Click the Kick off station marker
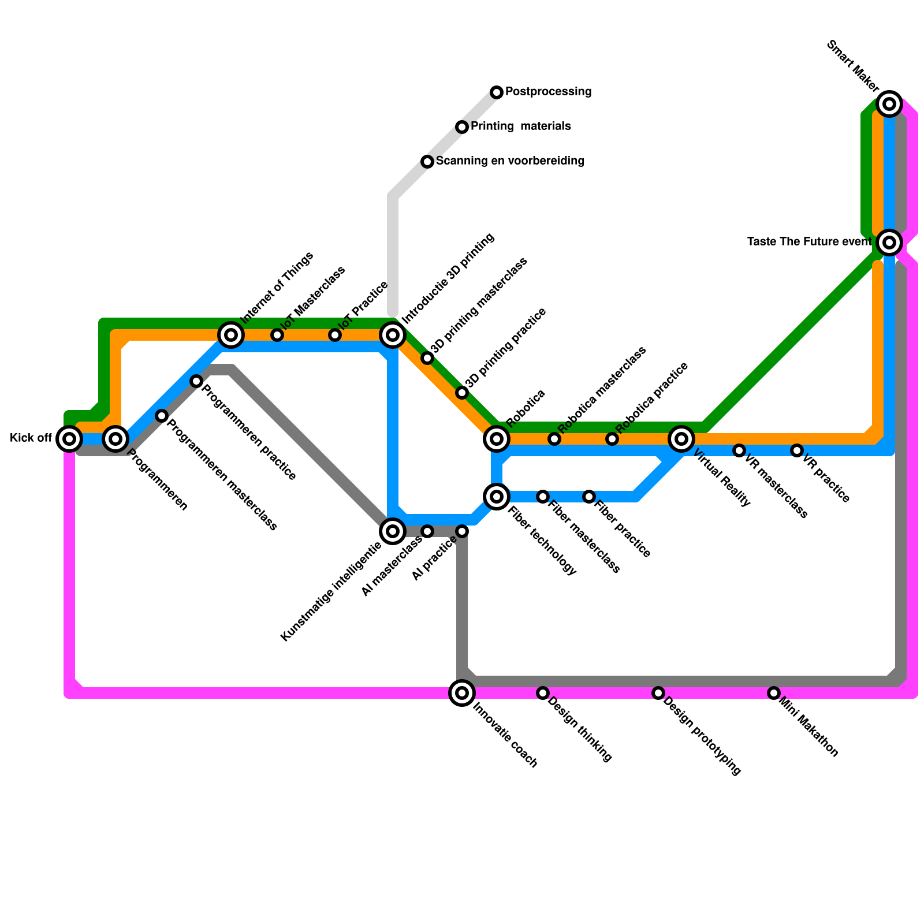(x=69, y=439)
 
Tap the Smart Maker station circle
(x=889, y=104)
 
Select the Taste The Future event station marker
(x=889, y=243)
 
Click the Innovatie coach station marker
(x=462, y=693)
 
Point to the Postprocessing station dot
(x=497, y=92)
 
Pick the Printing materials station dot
(x=462, y=127)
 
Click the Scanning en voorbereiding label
(x=510, y=161)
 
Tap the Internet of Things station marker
(x=231, y=335)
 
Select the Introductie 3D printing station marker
(x=393, y=335)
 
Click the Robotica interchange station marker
(x=497, y=439)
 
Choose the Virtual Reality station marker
(x=681, y=439)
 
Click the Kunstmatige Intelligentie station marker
(x=393, y=531)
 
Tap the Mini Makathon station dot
(x=774, y=693)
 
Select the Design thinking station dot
(x=543, y=693)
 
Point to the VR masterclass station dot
(x=739, y=450)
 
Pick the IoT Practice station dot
(x=335, y=335)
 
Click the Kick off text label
(x=31, y=438)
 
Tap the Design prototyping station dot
(x=658, y=693)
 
